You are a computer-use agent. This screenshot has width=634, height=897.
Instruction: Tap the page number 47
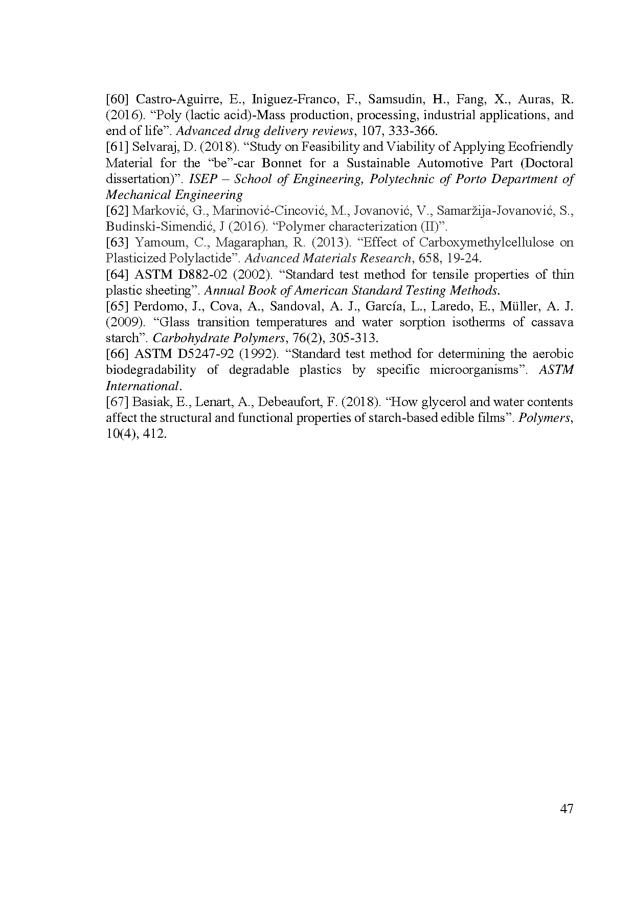click(567, 809)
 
